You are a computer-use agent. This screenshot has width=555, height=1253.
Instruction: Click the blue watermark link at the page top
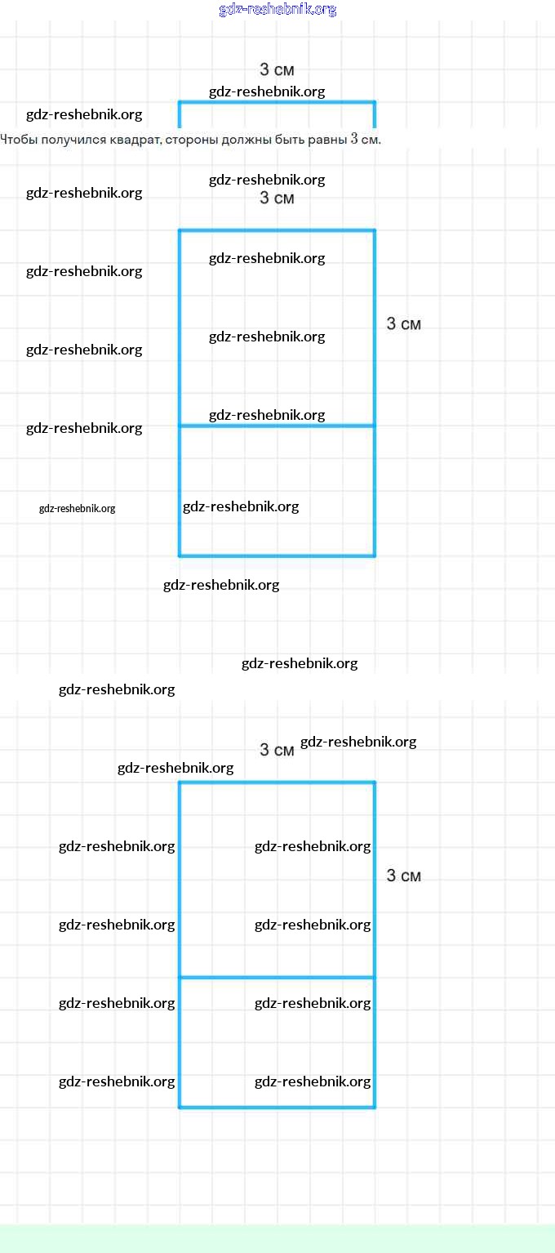coord(277,10)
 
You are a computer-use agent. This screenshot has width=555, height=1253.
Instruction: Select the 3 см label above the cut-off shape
coord(277,70)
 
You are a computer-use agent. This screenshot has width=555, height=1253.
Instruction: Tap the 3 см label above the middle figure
coord(277,198)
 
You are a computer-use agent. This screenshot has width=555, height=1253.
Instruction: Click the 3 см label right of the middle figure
coord(404,324)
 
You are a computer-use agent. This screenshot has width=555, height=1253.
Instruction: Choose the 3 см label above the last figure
coord(277,750)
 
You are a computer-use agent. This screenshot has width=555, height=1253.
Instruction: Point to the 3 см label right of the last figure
coord(404,876)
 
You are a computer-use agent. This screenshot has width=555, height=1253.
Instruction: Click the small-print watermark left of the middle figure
coord(78,509)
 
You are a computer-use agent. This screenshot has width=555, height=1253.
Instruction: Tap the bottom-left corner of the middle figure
coord(180,556)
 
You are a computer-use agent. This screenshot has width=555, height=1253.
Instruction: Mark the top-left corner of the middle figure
coord(180,230)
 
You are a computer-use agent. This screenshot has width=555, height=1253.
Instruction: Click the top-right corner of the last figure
coord(375,783)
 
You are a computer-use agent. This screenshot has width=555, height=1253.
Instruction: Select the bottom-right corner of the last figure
coord(375,1108)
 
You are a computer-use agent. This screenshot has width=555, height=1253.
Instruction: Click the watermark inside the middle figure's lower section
coord(241,506)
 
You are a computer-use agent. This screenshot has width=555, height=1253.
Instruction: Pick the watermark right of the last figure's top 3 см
coord(358,742)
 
